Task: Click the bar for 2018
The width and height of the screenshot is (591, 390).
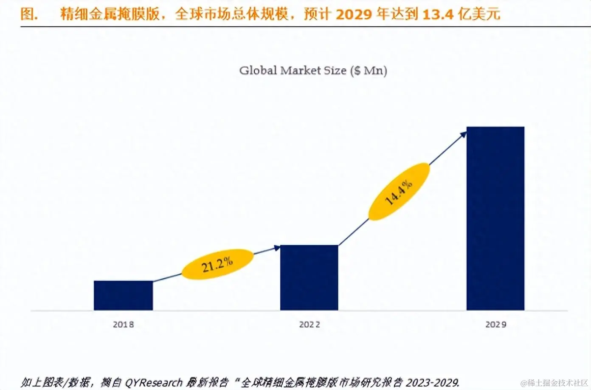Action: coord(123,295)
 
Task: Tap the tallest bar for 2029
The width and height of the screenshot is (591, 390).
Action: coord(495,218)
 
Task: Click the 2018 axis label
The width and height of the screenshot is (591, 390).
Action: coord(123,325)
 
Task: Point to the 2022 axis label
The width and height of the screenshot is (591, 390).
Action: coord(310,325)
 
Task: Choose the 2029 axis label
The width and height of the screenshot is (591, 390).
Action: coord(495,325)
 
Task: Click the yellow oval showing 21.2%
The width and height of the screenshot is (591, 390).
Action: coord(217,264)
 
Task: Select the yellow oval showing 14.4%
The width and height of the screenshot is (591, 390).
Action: coord(399,192)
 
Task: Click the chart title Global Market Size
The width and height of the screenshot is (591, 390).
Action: coord(313,71)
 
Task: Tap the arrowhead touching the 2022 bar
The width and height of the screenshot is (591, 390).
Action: coord(277,248)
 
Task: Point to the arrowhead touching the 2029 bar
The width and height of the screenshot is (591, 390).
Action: coord(463,135)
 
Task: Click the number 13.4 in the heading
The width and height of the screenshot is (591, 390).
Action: coord(438,14)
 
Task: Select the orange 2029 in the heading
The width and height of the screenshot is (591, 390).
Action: coord(353,14)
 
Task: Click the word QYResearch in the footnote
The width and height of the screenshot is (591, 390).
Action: coord(153,382)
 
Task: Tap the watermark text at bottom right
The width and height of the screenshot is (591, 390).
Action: coord(554,383)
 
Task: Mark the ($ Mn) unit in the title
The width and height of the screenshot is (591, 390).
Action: coord(369,71)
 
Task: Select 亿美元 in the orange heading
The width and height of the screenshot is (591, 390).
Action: coord(479,14)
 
